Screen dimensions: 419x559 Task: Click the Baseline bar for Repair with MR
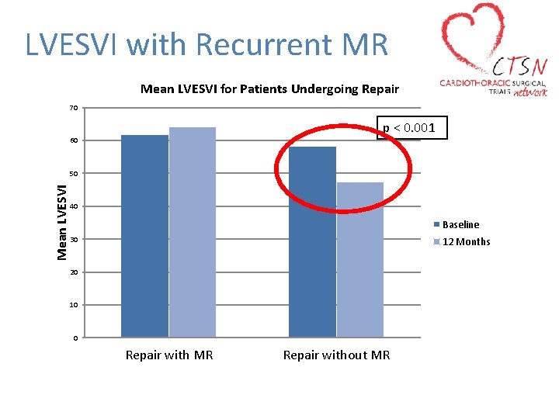click(144, 236)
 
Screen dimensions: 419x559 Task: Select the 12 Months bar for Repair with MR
click(193, 232)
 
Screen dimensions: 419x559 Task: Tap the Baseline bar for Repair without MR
click(312, 242)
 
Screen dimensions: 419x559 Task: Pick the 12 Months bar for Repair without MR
click(360, 260)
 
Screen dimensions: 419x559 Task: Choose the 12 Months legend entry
click(466, 241)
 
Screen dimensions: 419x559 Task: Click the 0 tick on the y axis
click(75, 338)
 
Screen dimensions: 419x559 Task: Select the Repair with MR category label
click(169, 355)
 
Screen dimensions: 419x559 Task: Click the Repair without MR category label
click(336, 355)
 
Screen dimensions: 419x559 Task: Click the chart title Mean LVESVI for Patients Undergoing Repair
click(269, 89)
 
